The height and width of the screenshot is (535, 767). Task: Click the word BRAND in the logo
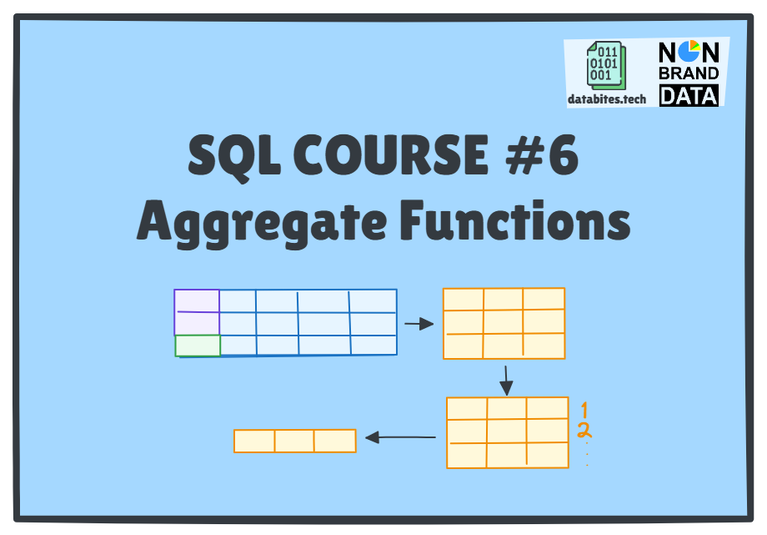pyautogui.click(x=689, y=74)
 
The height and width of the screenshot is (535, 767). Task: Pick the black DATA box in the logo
pyautogui.click(x=689, y=96)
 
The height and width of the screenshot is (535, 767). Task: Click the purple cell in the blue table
pyautogui.click(x=197, y=311)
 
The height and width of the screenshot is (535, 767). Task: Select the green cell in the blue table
pyautogui.click(x=198, y=346)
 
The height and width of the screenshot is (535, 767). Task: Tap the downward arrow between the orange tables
pyautogui.click(x=506, y=379)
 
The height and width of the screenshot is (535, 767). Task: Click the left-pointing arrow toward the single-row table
pyautogui.click(x=401, y=437)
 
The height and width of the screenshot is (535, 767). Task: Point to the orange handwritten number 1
pyautogui.click(x=584, y=410)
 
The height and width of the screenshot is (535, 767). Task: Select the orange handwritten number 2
pyautogui.click(x=584, y=431)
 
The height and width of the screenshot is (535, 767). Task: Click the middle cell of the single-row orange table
pyautogui.click(x=294, y=441)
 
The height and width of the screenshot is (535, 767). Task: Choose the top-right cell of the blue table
pyautogui.click(x=373, y=301)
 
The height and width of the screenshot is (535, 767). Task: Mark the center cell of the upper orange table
pyautogui.click(x=504, y=322)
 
